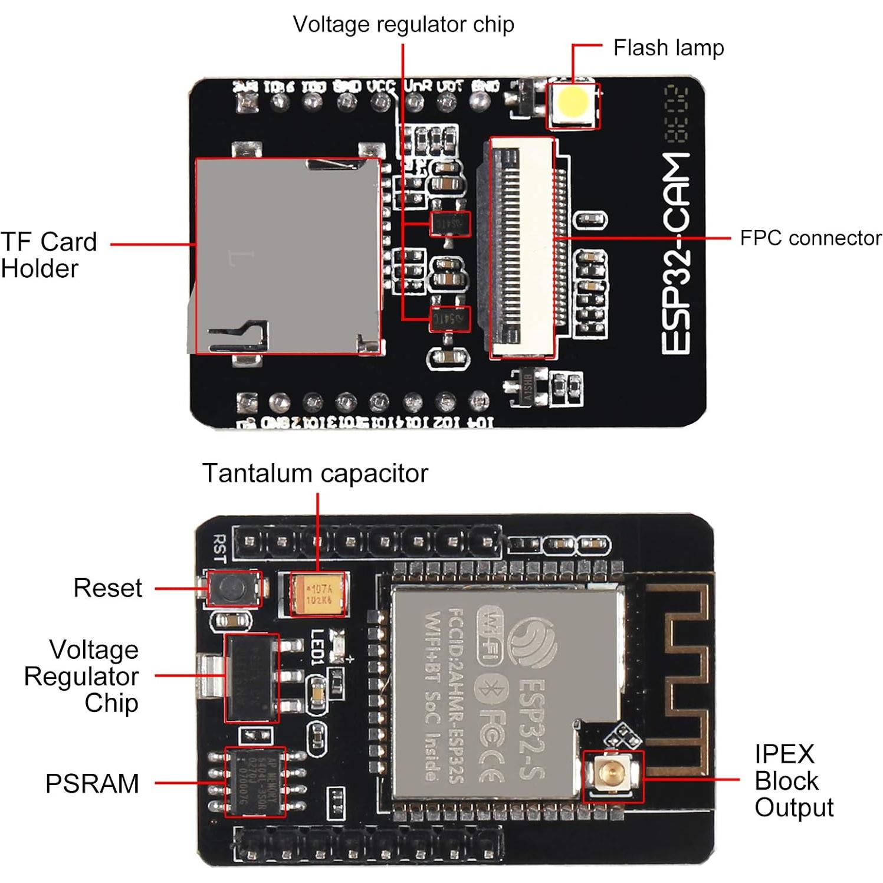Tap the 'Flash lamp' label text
pyautogui.click(x=668, y=48)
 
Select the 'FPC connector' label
pyautogui.click(x=810, y=238)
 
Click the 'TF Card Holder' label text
pyautogui.click(x=48, y=255)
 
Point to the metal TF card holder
pyautogui.click(x=287, y=256)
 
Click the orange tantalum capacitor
pyautogui.click(x=318, y=594)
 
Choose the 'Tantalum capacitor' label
pyautogui.click(x=315, y=473)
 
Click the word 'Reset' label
pyautogui.click(x=107, y=588)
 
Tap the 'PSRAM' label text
pyautogui.click(x=92, y=783)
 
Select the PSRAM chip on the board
pyautogui.click(x=255, y=782)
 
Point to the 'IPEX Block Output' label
pyautogui.click(x=793, y=780)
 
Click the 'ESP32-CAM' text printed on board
pyautogui.click(x=676, y=254)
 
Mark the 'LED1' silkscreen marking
pyautogui.click(x=317, y=648)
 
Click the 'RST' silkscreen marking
pyautogui.click(x=219, y=548)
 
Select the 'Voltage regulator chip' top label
pyautogui.click(x=403, y=25)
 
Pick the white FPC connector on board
pyautogui.click(x=522, y=248)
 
